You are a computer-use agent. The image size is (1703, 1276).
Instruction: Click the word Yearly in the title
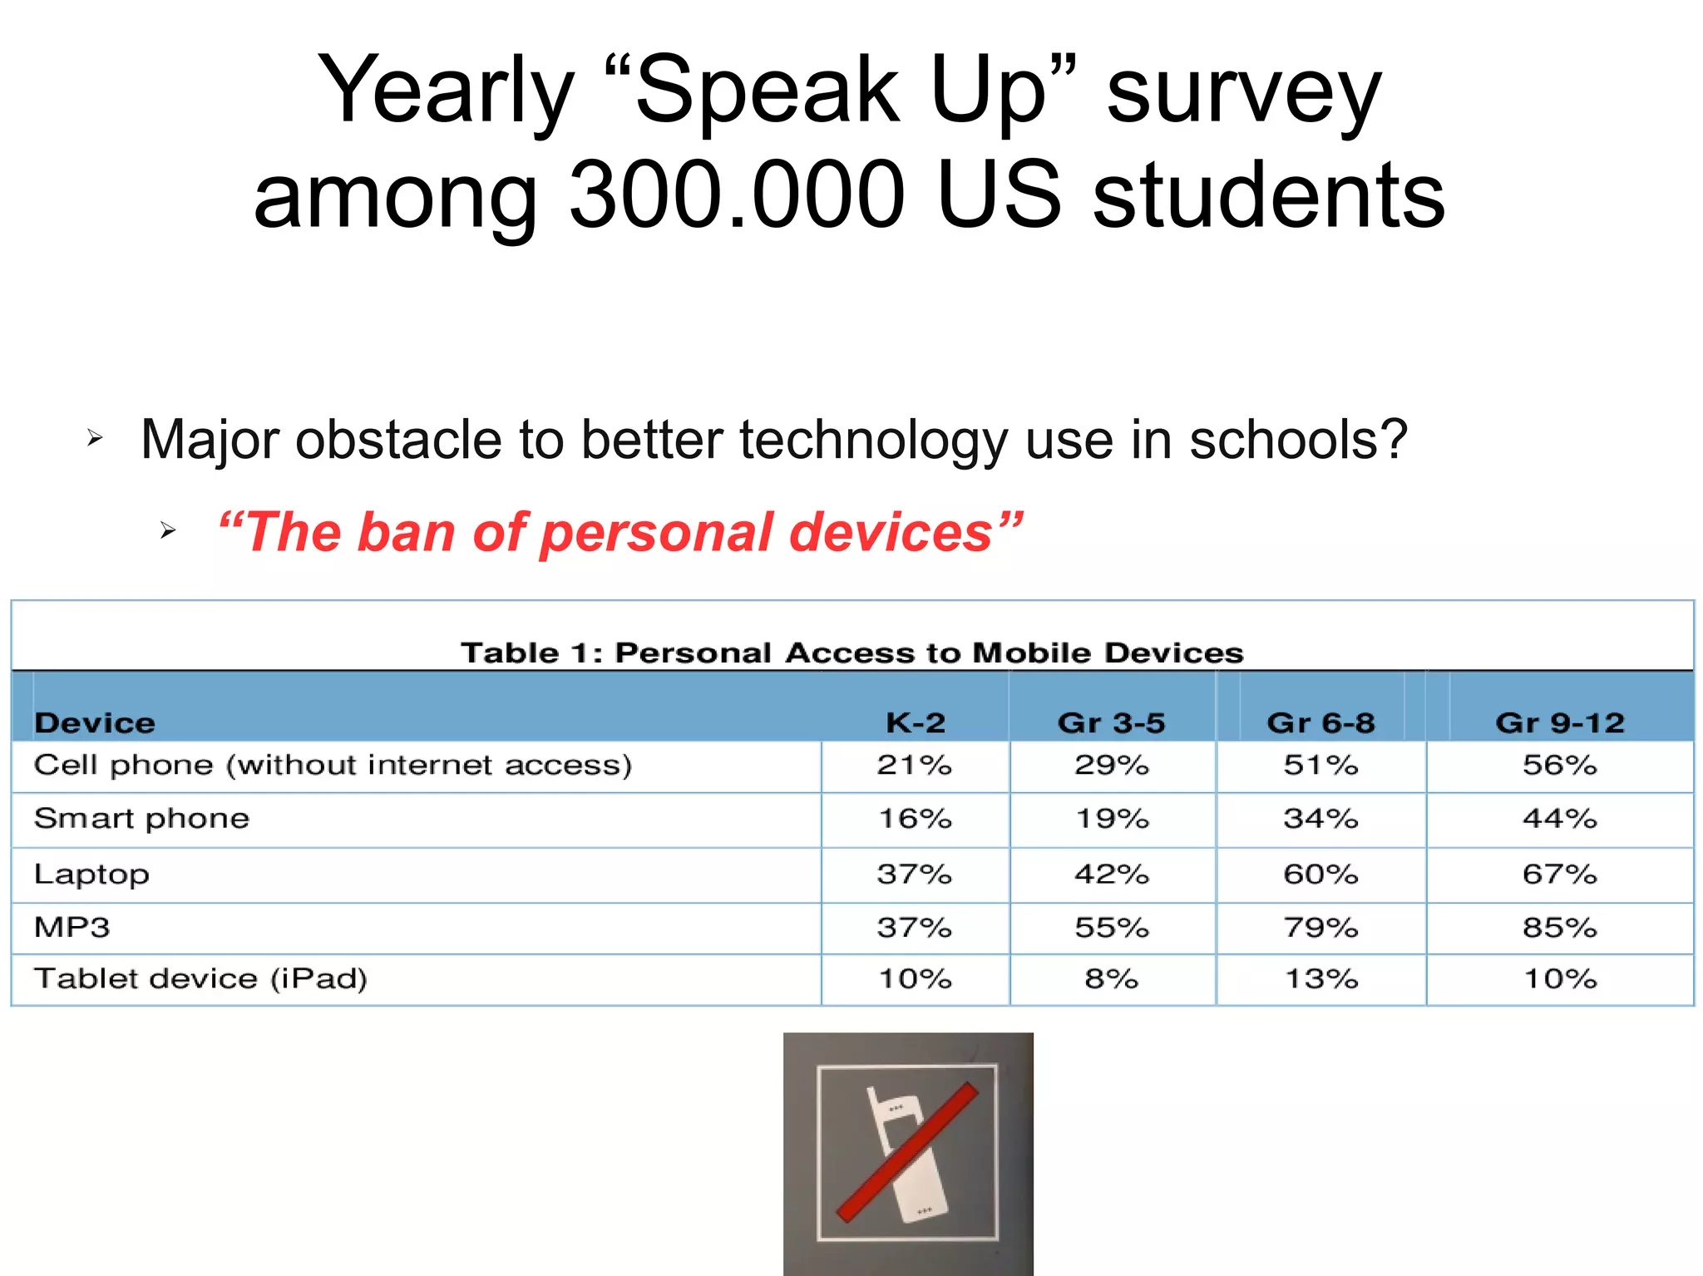[x=446, y=91]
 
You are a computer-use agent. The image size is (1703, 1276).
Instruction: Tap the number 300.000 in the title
[x=737, y=196]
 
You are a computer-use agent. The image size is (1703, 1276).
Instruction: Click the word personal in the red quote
[x=656, y=533]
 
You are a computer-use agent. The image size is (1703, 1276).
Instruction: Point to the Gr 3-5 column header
[x=1111, y=723]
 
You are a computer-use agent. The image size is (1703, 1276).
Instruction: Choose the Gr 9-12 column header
[x=1559, y=723]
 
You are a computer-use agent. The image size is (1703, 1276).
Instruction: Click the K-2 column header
[x=915, y=723]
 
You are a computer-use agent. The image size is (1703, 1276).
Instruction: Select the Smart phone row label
[x=141, y=819]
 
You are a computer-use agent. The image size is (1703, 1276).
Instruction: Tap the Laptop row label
[x=91, y=874]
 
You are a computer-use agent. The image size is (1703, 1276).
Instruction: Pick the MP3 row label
[x=72, y=927]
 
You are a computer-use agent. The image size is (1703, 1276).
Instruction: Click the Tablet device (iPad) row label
[x=200, y=979]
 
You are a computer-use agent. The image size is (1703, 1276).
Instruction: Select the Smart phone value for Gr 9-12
[x=1559, y=819]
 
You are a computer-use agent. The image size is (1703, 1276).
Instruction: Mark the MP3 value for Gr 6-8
[x=1320, y=927]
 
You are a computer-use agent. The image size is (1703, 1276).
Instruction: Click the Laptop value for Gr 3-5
[x=1111, y=874]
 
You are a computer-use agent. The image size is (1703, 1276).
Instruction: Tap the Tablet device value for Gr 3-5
[x=1111, y=979]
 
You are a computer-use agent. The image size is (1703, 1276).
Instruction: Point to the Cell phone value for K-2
[x=914, y=765]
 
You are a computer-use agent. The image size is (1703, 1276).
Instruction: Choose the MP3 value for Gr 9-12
[x=1559, y=927]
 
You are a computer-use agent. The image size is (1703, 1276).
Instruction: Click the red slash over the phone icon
[x=907, y=1152]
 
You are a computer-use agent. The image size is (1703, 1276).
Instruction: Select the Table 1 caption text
[x=851, y=653]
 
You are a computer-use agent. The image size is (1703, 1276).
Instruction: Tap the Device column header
[x=95, y=723]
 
